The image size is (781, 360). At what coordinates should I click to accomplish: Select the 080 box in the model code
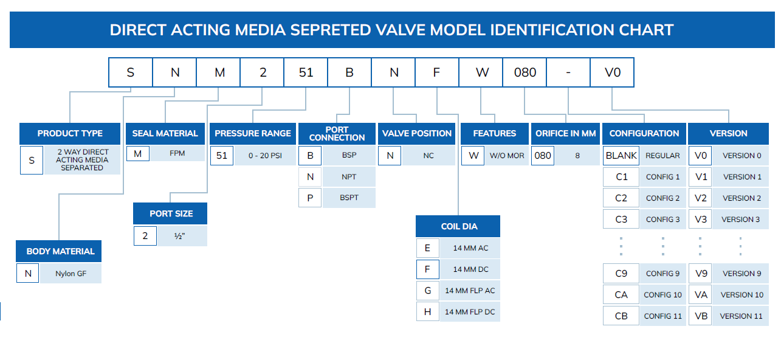(x=525, y=72)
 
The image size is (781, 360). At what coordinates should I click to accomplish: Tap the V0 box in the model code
(x=612, y=72)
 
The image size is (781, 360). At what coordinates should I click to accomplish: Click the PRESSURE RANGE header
(x=253, y=133)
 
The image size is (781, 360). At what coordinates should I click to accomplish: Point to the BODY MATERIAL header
(x=60, y=251)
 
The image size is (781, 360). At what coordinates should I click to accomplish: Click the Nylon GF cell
(x=71, y=274)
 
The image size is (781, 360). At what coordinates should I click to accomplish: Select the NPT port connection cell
(x=349, y=177)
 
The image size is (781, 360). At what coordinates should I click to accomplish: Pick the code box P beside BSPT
(x=310, y=198)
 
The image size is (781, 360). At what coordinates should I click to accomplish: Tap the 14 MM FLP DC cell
(x=470, y=312)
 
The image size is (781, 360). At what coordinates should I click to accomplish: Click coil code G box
(x=428, y=291)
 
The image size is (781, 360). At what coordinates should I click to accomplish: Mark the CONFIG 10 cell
(x=662, y=295)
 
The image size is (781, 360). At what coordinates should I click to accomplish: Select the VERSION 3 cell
(x=741, y=220)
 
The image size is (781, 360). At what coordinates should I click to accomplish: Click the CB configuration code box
(x=621, y=316)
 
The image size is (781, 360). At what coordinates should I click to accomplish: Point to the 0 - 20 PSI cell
(x=265, y=156)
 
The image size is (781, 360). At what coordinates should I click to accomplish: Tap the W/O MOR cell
(x=507, y=156)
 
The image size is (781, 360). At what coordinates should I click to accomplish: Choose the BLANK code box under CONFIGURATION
(x=621, y=156)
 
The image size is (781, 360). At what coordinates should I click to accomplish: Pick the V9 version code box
(x=701, y=274)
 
